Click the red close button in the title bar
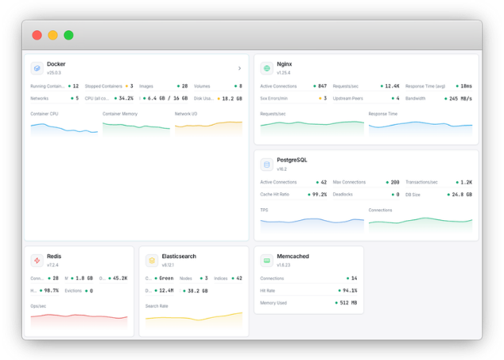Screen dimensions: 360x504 (x=37, y=35)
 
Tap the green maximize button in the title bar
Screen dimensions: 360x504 (x=68, y=35)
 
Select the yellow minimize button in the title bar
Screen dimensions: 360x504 (x=52, y=35)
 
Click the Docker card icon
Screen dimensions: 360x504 (x=37, y=68)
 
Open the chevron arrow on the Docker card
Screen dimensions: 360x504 (x=239, y=68)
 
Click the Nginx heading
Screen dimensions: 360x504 (x=285, y=64)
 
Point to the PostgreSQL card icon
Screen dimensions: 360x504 (x=266, y=165)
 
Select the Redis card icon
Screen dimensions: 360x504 (x=37, y=261)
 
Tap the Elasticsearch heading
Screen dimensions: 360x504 (x=179, y=257)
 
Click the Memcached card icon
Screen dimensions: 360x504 (x=266, y=261)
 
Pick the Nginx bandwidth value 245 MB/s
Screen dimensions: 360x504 (x=459, y=99)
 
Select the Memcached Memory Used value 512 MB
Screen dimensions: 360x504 (x=348, y=303)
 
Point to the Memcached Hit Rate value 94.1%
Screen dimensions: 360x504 (x=348, y=291)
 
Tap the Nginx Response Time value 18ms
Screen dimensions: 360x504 (x=466, y=86)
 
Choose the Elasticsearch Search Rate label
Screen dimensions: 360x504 (x=157, y=306)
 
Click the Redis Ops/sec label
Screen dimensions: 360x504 (x=39, y=306)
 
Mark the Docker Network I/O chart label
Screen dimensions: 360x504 (x=187, y=114)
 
